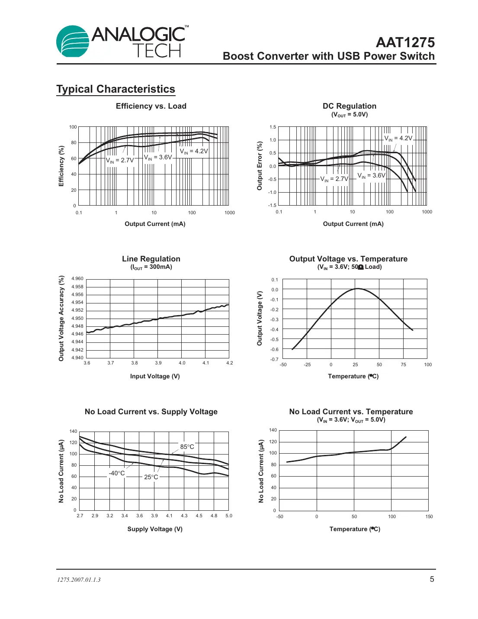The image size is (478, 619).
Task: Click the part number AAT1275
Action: (405, 42)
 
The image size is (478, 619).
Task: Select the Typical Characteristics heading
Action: (115, 89)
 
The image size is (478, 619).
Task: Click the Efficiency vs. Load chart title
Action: (151, 106)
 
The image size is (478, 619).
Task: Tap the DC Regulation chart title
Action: (349, 106)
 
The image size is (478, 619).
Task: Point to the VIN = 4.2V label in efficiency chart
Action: (194, 151)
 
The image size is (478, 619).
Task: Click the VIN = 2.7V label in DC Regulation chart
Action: (334, 179)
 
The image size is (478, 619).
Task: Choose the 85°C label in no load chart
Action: (187, 447)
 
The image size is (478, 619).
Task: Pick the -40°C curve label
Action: (117, 473)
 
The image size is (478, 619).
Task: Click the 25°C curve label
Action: (151, 477)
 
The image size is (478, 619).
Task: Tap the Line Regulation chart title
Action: (151, 259)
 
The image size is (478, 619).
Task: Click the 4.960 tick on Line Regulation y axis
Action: (77, 279)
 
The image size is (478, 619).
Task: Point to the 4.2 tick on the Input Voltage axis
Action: (229, 363)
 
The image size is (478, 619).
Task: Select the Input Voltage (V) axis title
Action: (155, 376)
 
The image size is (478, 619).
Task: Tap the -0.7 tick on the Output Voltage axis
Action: (274, 359)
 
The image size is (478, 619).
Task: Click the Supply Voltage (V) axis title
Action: (155, 529)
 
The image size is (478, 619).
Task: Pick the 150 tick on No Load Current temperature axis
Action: (429, 516)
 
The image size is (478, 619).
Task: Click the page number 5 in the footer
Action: (432, 579)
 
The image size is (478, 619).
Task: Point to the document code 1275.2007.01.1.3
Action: (79, 580)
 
